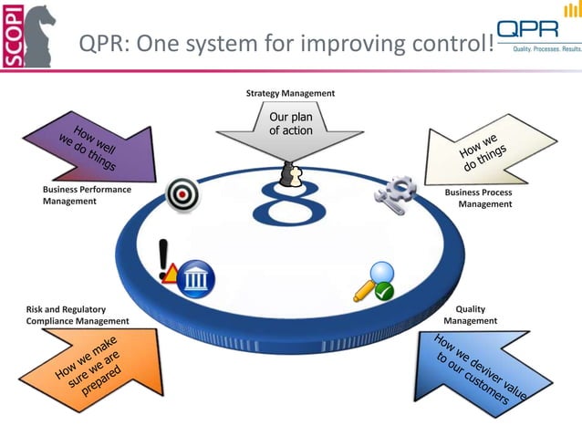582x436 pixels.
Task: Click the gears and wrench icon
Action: click(395, 192)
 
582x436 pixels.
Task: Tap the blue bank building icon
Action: click(195, 275)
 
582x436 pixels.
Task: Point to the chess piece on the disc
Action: click(291, 174)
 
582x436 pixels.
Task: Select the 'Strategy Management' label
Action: click(290, 93)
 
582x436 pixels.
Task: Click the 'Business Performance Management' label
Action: click(87, 195)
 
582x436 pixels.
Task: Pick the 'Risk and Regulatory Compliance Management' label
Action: click(77, 316)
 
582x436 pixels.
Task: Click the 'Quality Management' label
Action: click(471, 315)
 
